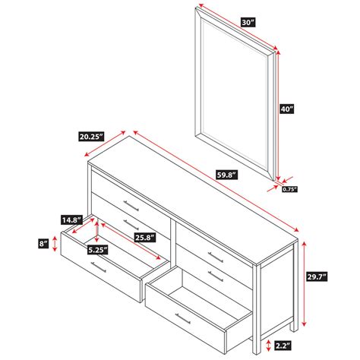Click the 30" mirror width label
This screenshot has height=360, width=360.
[248, 22]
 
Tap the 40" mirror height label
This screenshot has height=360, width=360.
[287, 109]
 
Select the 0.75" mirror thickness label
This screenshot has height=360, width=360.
[289, 189]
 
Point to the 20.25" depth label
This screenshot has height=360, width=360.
[91, 137]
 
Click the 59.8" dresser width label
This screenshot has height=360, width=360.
[226, 175]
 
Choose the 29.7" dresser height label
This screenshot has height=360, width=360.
[317, 276]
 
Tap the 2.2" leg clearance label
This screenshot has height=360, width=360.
[283, 346]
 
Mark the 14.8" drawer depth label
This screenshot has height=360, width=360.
[72, 219]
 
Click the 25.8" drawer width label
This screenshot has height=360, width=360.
[144, 238]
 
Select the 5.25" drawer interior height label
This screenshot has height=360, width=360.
[97, 250]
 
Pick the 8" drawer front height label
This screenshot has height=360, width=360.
[43, 244]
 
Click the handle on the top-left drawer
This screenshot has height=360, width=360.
[131, 206]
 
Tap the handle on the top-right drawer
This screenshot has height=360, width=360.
[216, 257]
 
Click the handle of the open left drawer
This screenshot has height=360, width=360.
[99, 267]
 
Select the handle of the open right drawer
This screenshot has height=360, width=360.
[183, 318]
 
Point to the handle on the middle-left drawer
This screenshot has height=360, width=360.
[131, 225]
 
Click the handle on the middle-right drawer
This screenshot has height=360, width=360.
[216, 276]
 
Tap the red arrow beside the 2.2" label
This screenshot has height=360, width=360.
[269, 346]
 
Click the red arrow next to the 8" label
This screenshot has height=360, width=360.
[55, 244]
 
